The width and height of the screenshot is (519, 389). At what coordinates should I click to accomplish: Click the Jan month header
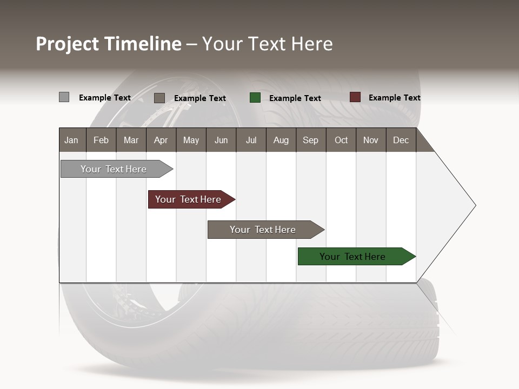pyautogui.click(x=72, y=140)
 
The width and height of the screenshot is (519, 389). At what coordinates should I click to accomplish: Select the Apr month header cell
pyautogui.click(x=161, y=140)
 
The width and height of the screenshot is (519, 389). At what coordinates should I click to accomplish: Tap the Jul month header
pyautogui.click(x=251, y=140)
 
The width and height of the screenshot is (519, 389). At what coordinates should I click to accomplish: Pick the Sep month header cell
pyautogui.click(x=310, y=140)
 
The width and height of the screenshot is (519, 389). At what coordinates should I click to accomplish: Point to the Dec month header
pyautogui.click(x=401, y=140)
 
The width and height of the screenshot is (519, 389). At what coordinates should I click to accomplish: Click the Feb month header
pyautogui.click(x=101, y=140)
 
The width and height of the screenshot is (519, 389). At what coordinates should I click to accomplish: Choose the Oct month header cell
pyautogui.click(x=341, y=140)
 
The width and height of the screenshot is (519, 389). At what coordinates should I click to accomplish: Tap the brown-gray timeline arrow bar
pyautogui.click(x=263, y=230)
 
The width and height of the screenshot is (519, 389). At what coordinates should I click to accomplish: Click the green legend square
pyautogui.click(x=255, y=98)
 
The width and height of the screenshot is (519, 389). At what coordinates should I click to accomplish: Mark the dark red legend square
pyautogui.click(x=355, y=97)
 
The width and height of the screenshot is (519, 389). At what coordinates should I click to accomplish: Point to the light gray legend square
pyautogui.click(x=64, y=97)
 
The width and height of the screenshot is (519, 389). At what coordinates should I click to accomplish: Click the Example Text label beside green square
pyautogui.click(x=295, y=98)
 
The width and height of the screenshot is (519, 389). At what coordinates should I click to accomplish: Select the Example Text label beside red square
pyautogui.click(x=395, y=98)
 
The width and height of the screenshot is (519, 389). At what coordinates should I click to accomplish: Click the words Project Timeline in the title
pyautogui.click(x=109, y=44)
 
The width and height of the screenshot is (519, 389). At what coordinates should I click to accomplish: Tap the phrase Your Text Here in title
pyautogui.click(x=268, y=44)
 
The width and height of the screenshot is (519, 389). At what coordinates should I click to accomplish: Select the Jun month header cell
pyautogui.click(x=221, y=140)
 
